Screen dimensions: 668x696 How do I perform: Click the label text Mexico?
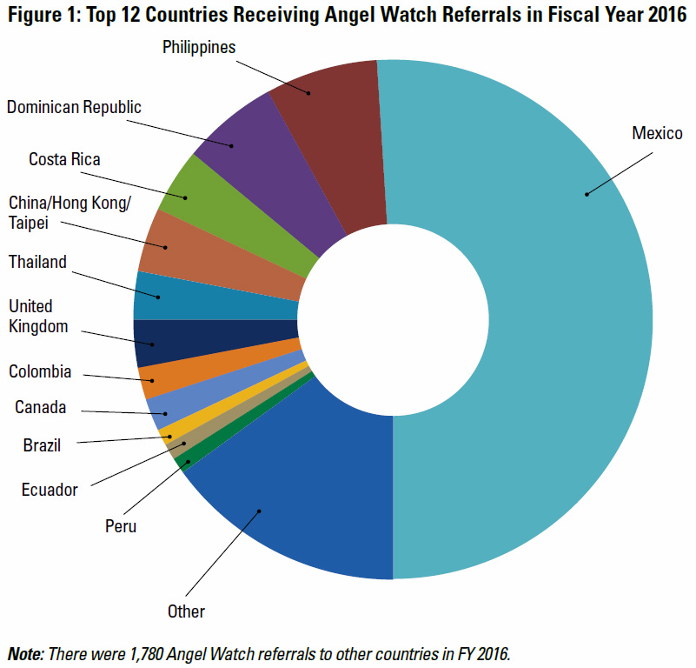pyautogui.click(x=657, y=133)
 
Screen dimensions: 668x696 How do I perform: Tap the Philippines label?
pyautogui.click(x=199, y=47)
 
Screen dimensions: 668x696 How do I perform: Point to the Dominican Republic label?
pyautogui.click(x=74, y=107)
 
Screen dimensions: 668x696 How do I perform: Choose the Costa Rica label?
pyautogui.click(x=64, y=159)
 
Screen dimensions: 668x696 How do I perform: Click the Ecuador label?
pyautogui.click(x=50, y=490)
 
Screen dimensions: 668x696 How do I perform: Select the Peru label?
pyautogui.click(x=121, y=525)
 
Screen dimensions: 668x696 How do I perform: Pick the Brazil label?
pyautogui.click(x=42, y=446)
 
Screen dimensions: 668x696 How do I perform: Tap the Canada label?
pyautogui.click(x=40, y=407)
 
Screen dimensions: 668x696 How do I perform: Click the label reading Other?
pyautogui.click(x=186, y=611)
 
